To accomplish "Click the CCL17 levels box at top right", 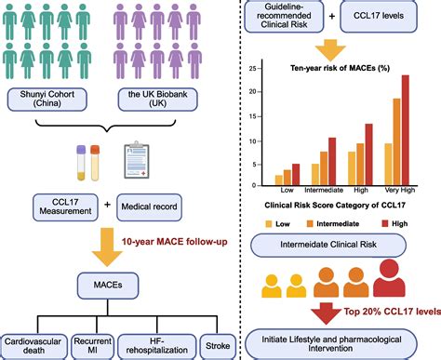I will click(x=392, y=16).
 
